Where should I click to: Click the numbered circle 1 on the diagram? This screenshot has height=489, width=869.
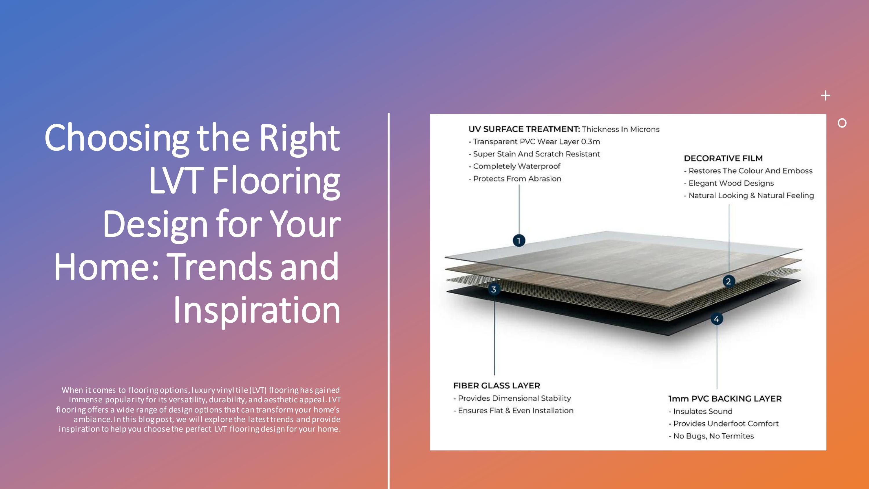[519, 241]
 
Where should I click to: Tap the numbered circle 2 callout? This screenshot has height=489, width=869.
[728, 281]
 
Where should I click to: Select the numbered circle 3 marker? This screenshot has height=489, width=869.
[494, 289]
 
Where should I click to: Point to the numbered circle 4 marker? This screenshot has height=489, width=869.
[717, 319]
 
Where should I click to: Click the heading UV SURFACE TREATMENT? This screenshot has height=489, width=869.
[524, 129]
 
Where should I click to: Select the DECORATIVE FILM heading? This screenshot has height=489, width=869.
[723, 158]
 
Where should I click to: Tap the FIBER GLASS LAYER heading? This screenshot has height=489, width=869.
[496, 386]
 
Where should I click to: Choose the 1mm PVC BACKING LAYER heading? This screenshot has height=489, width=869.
[725, 399]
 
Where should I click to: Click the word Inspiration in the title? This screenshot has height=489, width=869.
[256, 310]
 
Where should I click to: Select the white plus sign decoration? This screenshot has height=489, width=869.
[825, 96]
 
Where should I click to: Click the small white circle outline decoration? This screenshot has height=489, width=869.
[842, 123]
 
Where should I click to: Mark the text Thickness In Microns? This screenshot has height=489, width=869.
[620, 129]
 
